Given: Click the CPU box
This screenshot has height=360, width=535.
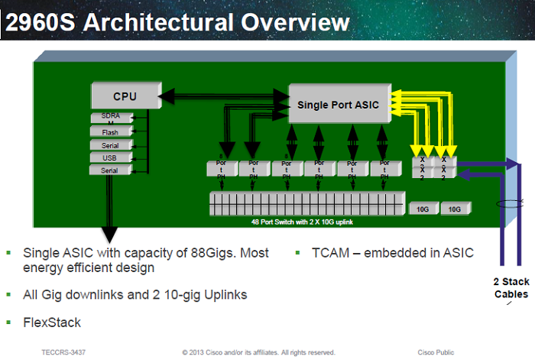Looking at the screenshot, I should [x=125, y=96].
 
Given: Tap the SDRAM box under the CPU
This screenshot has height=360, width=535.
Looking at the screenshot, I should [x=110, y=118].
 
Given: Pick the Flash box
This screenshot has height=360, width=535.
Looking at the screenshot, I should [x=110, y=132].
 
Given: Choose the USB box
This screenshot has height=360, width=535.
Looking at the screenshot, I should [x=110, y=157].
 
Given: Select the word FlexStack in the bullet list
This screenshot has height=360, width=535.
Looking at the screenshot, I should [x=52, y=322].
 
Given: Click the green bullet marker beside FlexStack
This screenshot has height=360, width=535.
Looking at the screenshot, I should [x=9, y=322].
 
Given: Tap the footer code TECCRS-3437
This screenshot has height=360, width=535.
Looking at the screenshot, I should [x=63, y=352].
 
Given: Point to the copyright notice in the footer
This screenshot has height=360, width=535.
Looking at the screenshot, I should [x=258, y=352].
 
